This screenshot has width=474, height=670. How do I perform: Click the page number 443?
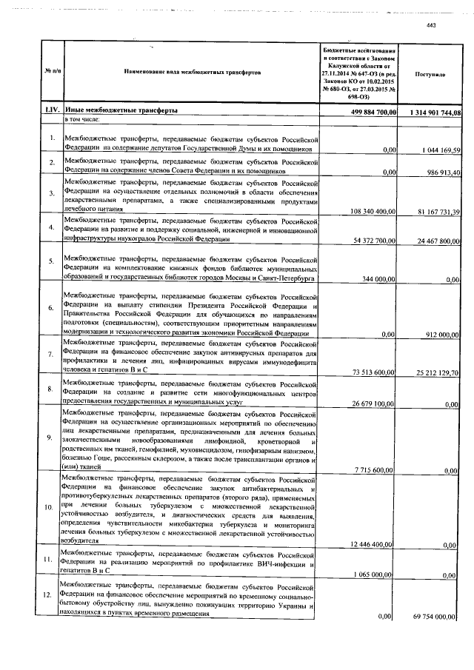(433, 27)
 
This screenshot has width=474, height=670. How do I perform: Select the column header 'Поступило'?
(430, 75)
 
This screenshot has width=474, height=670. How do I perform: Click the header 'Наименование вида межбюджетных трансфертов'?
(192, 74)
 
